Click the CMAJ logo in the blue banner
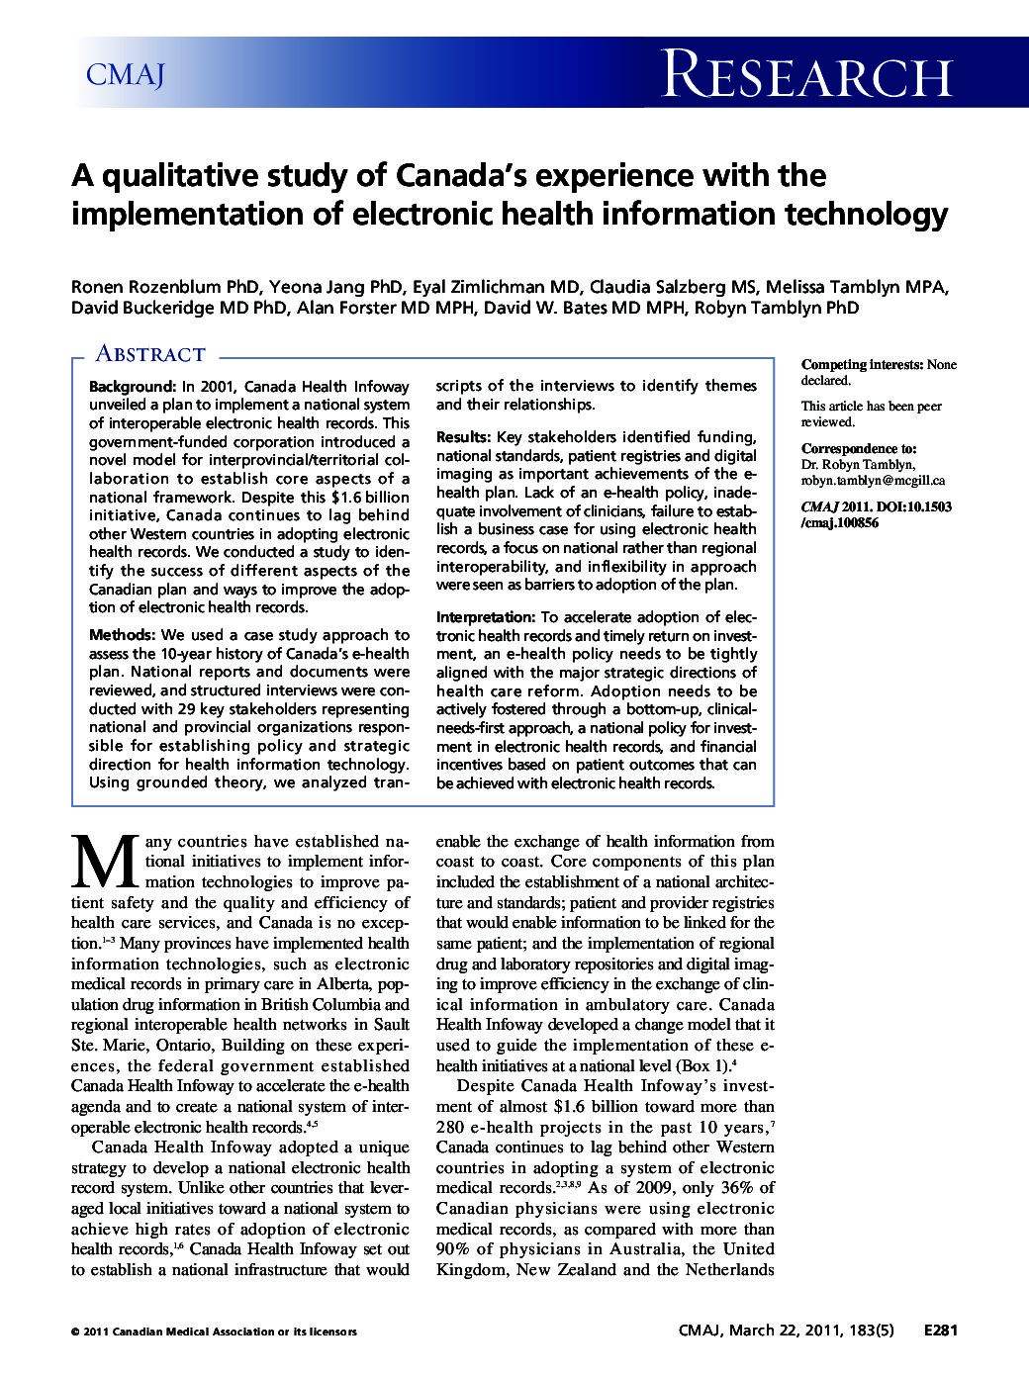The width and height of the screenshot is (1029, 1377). [125, 74]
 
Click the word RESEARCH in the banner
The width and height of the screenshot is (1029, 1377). [806, 76]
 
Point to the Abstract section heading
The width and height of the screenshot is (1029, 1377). [149, 354]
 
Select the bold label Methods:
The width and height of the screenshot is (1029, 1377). [122, 635]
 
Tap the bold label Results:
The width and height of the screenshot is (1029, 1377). [463, 437]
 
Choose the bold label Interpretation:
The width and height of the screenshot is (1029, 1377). [485, 617]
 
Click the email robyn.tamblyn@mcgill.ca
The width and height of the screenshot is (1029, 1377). [873, 481]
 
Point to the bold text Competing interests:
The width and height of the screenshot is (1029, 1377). [862, 365]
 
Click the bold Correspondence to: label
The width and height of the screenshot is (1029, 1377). [858, 449]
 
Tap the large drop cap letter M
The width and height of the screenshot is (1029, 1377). [105, 863]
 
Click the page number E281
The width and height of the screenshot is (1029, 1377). [940, 1331]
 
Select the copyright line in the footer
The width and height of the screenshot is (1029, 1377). [214, 1331]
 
